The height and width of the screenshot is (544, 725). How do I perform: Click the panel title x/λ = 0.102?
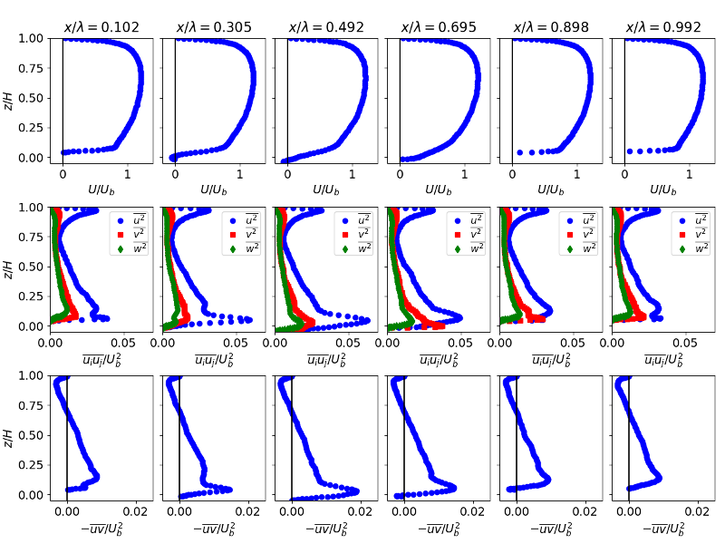(101, 27)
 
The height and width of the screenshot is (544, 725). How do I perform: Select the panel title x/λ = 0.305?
(213, 27)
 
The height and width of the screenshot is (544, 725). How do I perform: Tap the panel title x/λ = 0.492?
(325, 27)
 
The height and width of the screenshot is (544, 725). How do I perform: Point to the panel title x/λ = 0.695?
(438, 27)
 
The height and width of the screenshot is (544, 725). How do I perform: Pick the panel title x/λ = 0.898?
(550, 27)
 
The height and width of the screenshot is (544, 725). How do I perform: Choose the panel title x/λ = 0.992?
(662, 27)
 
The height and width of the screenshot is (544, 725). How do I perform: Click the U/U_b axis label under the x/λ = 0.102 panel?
(101, 190)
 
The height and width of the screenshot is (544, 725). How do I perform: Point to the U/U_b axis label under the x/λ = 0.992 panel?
(662, 190)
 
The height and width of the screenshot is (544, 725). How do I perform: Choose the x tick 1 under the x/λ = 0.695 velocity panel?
(464, 175)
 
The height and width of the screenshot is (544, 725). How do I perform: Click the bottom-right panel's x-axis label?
(662, 529)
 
